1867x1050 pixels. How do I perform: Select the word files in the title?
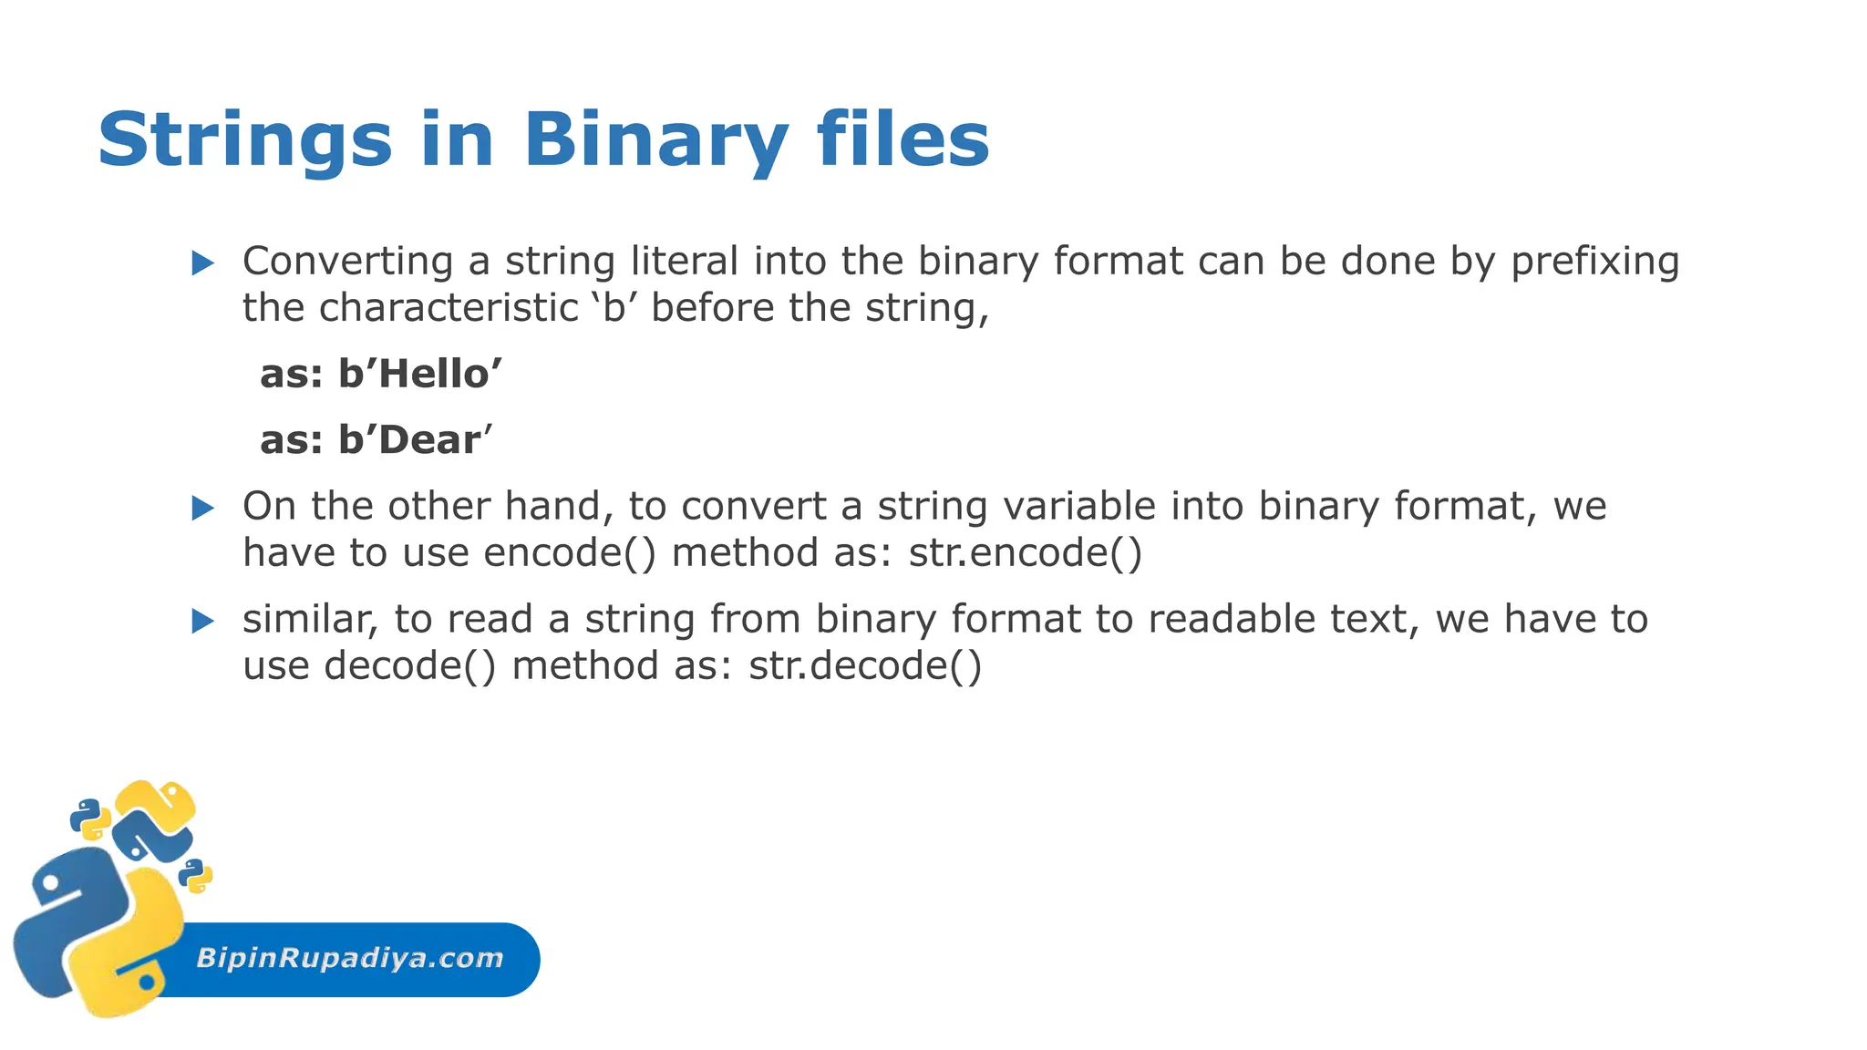903,139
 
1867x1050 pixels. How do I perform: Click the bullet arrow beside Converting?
202,264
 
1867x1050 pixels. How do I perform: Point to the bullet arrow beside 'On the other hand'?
202,509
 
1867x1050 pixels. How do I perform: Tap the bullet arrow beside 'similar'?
202,622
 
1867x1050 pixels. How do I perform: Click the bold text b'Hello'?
419,375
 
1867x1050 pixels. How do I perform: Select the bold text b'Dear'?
414,440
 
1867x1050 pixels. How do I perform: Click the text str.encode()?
1025,553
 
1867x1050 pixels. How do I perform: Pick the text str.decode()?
865,665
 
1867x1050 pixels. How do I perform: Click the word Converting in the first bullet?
347,262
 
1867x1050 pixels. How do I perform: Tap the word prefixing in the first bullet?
1594,262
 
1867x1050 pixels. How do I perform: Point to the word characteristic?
448,308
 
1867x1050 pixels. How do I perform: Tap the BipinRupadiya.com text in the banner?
350,958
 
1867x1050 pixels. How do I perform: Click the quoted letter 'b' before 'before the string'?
614,308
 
